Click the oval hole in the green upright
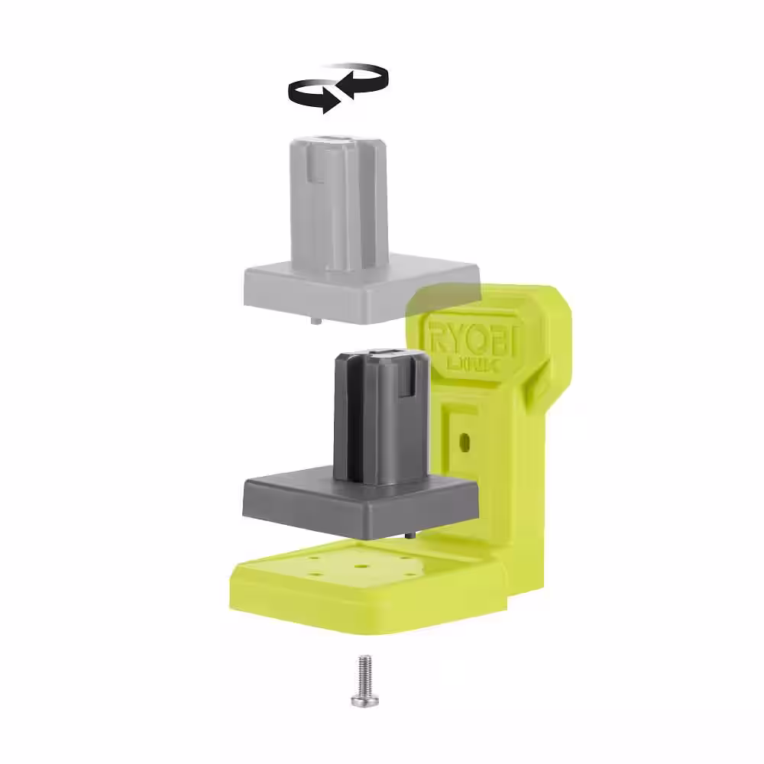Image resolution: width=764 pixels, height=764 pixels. pyautogui.click(x=463, y=442)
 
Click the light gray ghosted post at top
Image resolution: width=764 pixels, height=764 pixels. pyautogui.click(x=336, y=199)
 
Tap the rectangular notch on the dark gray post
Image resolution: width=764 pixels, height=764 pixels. pyautogui.click(x=403, y=387)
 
